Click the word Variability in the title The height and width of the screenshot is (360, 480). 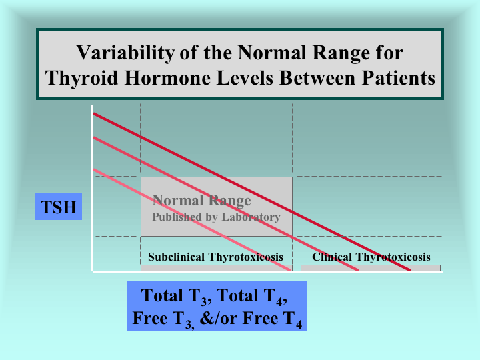tap(125, 53)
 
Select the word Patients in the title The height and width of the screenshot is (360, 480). tap(398, 78)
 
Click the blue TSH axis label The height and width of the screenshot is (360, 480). tap(59, 206)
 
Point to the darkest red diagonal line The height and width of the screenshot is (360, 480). tap(252, 192)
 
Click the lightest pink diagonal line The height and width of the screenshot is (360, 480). tap(192, 220)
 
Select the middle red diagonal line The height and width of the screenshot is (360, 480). tap(226, 204)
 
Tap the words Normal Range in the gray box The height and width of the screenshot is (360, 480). tap(201, 201)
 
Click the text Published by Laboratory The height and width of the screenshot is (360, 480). tap(216, 217)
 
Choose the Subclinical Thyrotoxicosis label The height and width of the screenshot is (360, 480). tap(215, 257)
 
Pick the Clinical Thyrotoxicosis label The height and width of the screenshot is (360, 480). tap(371, 257)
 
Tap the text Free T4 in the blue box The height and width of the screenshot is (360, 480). tap(272, 319)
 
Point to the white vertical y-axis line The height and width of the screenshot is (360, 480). tap(92, 188)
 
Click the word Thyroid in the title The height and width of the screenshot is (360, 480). tap(81, 79)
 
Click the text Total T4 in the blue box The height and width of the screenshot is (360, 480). tap(251, 296)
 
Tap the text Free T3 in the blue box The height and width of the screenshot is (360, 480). tap(163, 319)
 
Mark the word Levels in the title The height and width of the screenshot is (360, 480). tap(245, 78)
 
